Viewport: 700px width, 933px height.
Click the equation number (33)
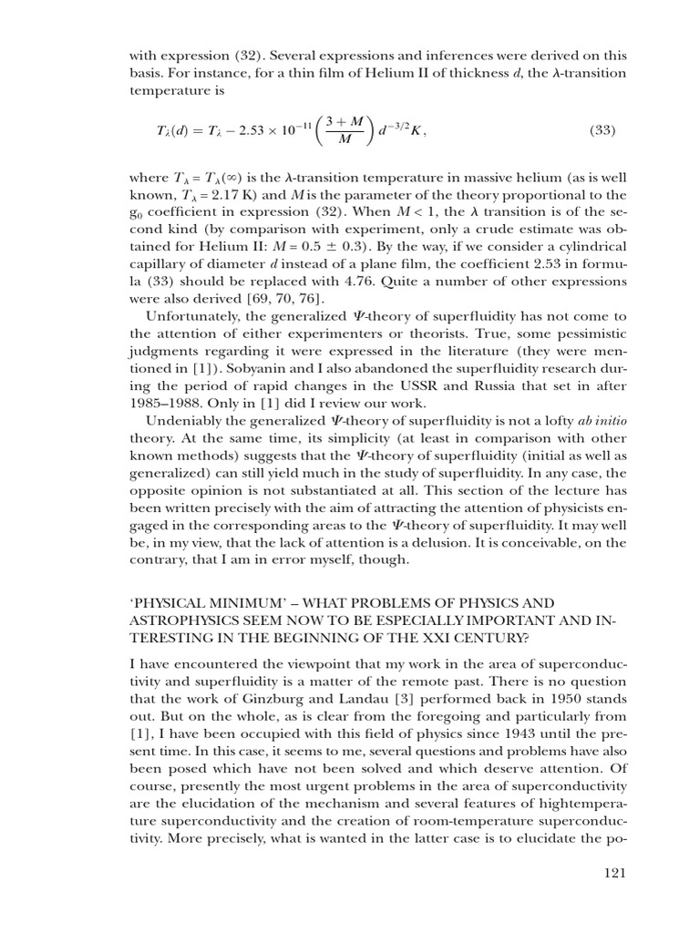click(x=597, y=130)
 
